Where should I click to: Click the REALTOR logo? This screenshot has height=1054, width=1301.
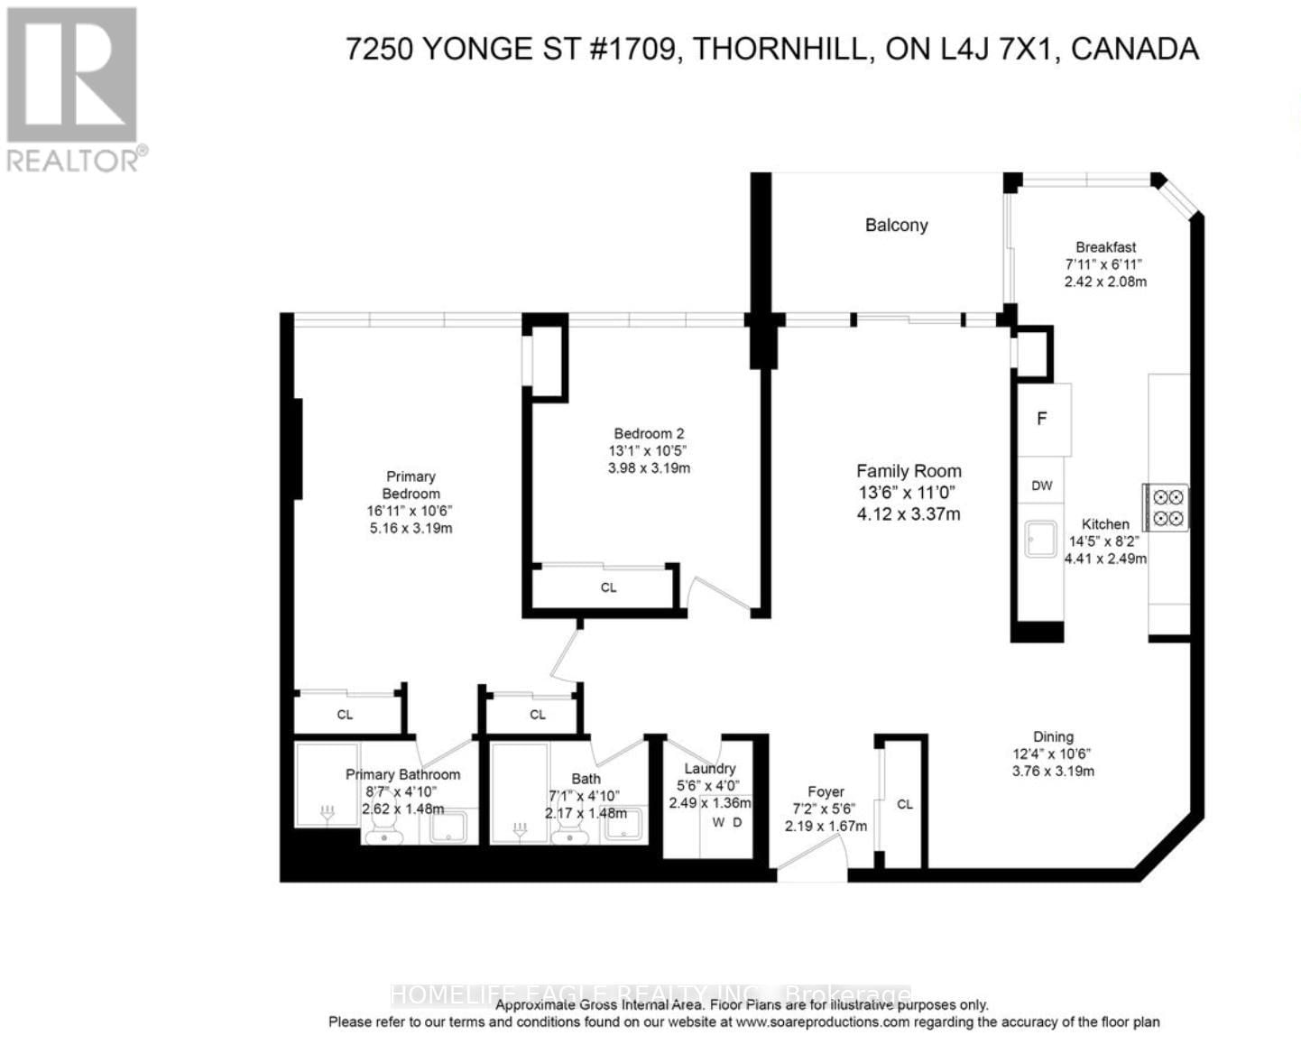pos(72,88)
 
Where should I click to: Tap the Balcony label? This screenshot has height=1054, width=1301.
pos(896,226)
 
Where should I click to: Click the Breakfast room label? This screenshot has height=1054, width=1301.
pos(1105,247)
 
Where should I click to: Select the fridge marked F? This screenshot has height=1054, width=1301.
pos(1042,420)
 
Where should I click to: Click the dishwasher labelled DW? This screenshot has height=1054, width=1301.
pos(1041,485)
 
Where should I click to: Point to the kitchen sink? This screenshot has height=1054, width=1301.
pos(1041,539)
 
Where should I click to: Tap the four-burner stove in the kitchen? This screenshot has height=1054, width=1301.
pos(1167,507)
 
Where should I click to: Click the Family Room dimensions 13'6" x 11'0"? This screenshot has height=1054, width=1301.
pos(908,493)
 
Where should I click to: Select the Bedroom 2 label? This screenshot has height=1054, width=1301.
pos(649,433)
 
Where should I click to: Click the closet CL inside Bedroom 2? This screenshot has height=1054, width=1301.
pos(608,587)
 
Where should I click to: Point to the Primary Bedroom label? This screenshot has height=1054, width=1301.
pos(411,485)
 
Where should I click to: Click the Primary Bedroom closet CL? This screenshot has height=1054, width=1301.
pos(345,715)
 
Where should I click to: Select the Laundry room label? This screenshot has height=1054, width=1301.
pos(709,768)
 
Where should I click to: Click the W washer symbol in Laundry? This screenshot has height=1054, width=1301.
pos(718,822)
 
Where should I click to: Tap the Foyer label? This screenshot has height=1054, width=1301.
pos(825,791)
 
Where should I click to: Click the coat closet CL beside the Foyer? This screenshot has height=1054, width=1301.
pos(904,804)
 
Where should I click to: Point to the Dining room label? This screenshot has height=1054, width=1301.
pos(1053,736)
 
